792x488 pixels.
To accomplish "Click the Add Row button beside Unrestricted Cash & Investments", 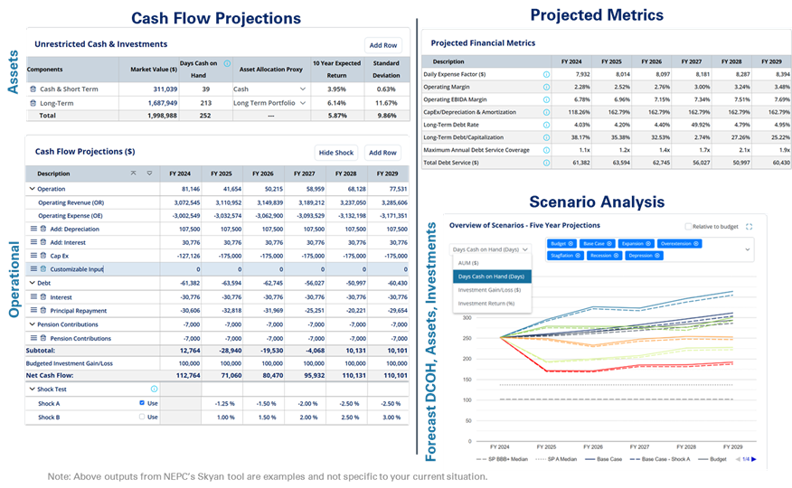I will click(382, 44).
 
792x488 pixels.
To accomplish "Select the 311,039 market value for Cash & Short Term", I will click(159, 89).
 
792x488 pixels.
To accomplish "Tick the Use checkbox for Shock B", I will click(142, 417).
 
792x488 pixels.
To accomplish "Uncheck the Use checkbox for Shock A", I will click(142, 402).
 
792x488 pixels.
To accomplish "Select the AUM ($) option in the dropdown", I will click(475, 262).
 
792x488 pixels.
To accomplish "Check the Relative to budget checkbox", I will click(690, 226).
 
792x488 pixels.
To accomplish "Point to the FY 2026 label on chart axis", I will click(593, 446).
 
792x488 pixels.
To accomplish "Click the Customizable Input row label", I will click(77, 268).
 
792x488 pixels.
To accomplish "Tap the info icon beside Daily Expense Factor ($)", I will click(546, 74).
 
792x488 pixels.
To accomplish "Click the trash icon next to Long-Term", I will click(33, 103).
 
